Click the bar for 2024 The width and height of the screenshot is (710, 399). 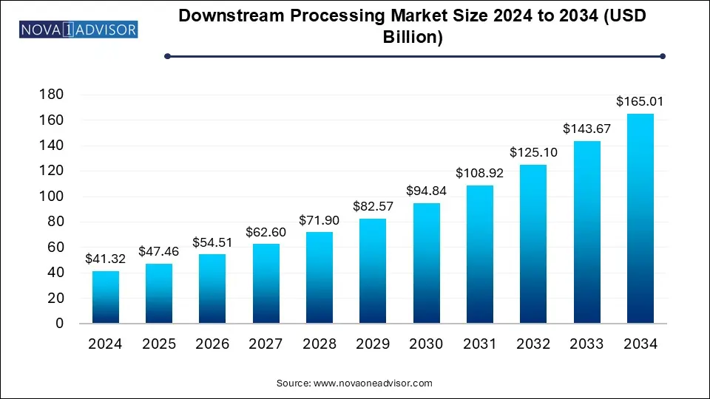106,297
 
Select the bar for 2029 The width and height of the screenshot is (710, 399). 373,270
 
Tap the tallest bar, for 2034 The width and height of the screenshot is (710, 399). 640,219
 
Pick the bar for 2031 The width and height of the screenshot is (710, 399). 480,254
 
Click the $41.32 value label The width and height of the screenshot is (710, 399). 106,259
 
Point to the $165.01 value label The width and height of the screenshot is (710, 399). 640,101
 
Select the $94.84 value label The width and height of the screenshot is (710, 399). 427,191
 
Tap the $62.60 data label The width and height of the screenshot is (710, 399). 266,232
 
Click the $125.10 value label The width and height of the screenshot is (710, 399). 533,152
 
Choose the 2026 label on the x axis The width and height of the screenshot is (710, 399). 212,344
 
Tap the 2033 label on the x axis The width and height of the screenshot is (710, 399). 586,344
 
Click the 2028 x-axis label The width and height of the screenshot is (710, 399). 319,344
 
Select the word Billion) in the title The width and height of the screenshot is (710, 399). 414,37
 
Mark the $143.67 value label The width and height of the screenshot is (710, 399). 586,129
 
